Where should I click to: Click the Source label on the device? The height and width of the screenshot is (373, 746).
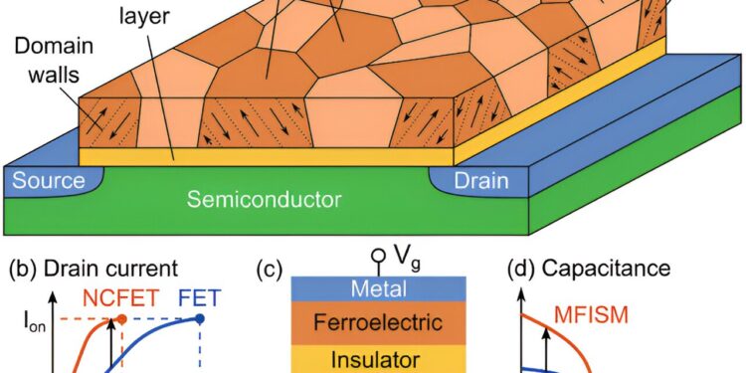coord(45,181)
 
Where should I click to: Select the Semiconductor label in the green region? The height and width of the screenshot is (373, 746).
coord(264,199)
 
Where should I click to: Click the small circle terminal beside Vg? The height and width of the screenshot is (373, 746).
coord(379,256)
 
